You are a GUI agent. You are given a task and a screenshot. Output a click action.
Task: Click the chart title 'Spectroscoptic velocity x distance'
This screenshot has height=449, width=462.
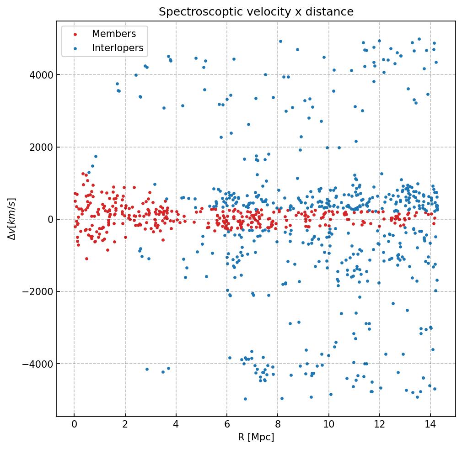256,12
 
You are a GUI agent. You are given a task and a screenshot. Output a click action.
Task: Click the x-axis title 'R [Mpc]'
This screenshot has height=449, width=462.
256,437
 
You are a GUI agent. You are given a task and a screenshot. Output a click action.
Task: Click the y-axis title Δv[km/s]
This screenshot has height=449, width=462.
13,219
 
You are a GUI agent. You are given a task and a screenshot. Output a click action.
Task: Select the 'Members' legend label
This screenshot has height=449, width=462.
114,34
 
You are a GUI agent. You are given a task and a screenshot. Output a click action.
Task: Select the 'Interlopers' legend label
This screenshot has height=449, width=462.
118,48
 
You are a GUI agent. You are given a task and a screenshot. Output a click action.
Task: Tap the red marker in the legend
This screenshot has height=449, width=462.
75,34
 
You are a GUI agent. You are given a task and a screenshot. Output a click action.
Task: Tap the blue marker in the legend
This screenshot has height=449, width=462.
75,48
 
